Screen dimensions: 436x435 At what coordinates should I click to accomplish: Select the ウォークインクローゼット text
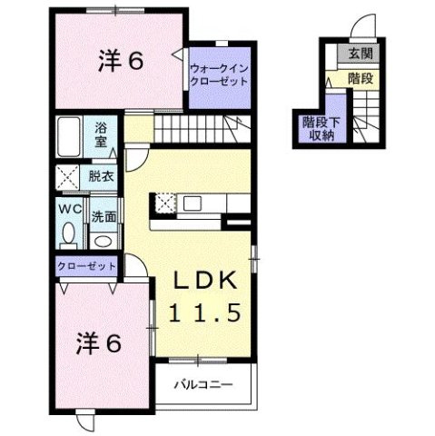coord(219,73)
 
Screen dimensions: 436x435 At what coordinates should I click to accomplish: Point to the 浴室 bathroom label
coord(100,135)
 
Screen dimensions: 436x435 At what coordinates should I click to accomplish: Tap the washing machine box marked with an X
coord(70,177)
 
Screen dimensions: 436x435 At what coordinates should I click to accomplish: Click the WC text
coord(69,209)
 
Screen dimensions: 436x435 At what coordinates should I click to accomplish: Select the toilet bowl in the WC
coord(69,235)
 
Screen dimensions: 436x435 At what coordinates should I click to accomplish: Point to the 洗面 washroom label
coord(103,216)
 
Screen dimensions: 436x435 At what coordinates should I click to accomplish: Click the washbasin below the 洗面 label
coord(103,241)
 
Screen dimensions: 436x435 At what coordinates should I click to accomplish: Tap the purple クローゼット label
coord(86,266)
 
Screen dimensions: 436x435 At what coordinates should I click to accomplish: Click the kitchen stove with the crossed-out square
coord(166,203)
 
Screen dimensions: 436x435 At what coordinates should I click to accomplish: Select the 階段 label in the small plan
coord(361,80)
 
